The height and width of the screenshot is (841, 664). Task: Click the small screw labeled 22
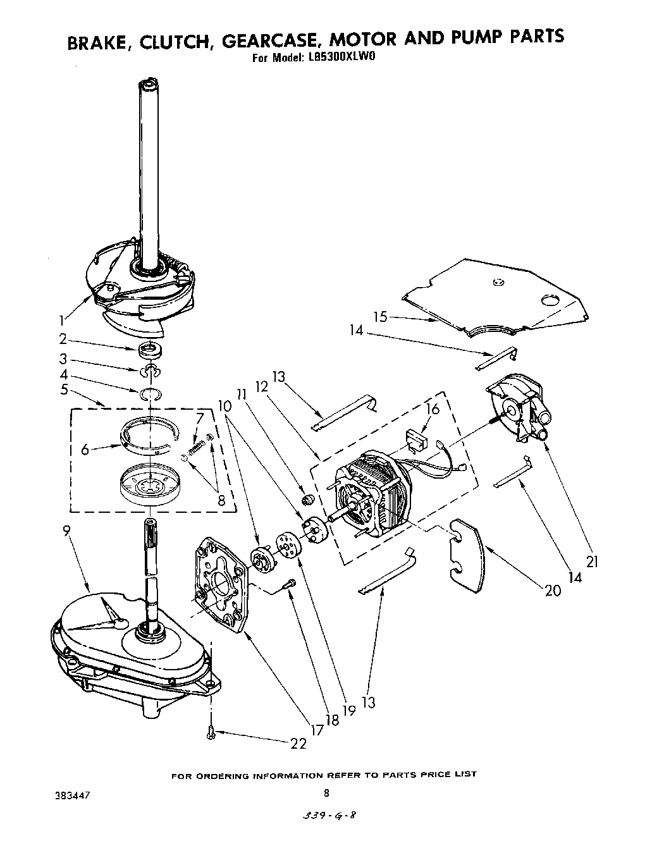point(211,732)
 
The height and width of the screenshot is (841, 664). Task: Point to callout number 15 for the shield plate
point(380,317)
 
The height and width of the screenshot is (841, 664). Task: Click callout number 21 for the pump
point(591,562)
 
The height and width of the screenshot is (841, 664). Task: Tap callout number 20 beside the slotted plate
point(552,590)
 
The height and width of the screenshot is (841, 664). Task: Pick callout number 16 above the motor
point(432,410)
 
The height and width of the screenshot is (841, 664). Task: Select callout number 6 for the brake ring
point(85,450)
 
